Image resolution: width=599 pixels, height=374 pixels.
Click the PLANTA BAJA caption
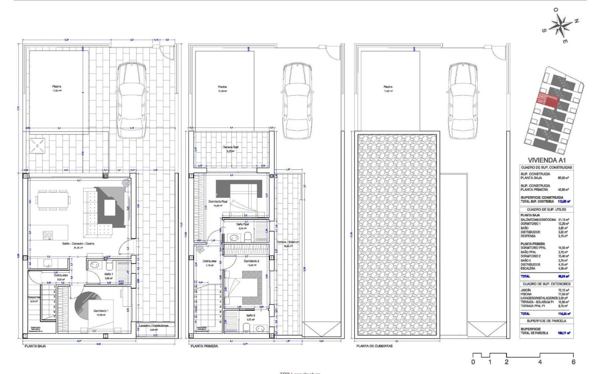[35, 346]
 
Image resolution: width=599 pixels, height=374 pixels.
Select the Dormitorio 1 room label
[104, 311]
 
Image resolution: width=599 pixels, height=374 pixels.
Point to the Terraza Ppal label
[229, 147]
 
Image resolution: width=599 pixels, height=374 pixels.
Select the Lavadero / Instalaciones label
[153, 326]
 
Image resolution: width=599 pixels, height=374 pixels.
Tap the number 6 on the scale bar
[573, 362]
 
